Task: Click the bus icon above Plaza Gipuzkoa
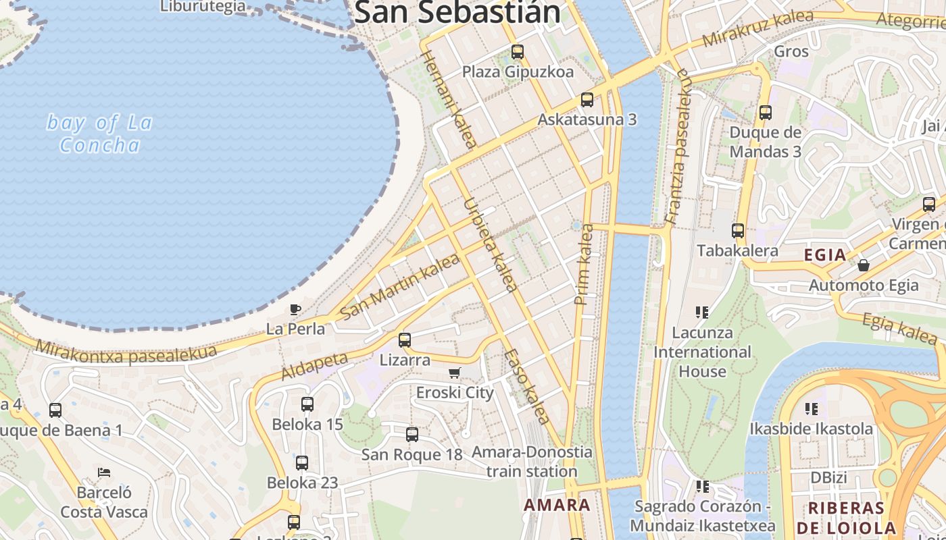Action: coord(518,51)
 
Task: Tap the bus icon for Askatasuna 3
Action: coord(587,100)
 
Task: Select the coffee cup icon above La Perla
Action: coord(295,309)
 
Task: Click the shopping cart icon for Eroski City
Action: coord(455,373)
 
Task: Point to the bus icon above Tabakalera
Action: coord(737,231)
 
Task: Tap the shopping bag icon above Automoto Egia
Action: coord(864,265)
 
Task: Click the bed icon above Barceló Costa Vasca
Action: coord(104,472)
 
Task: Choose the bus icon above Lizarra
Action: coord(405,340)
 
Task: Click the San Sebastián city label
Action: coord(457,12)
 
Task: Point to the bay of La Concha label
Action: coord(99,134)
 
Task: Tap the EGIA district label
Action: coord(825,255)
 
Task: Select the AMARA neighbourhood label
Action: coord(557,505)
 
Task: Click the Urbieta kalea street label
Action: coord(491,244)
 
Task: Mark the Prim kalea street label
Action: coord(583,264)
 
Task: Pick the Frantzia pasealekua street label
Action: coord(679,146)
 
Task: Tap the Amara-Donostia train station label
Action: coord(532,462)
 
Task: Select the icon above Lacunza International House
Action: coord(702,312)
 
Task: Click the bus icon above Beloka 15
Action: coord(307,404)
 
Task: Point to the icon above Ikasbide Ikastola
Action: coord(812,408)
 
